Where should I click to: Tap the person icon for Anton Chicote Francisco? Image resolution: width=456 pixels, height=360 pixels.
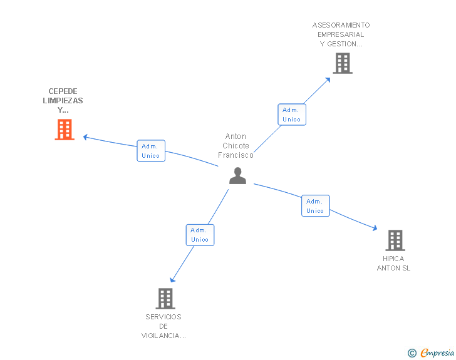[237, 176]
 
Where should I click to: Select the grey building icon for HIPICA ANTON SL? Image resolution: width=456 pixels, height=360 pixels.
[395, 240]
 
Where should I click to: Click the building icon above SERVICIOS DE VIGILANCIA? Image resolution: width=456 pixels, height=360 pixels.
[165, 299]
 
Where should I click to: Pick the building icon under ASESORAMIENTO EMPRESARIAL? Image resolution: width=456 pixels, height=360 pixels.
[342, 63]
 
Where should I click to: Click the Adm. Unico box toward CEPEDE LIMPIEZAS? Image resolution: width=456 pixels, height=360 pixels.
[151, 151]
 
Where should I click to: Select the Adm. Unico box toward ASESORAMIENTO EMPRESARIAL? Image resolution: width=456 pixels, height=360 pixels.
[291, 115]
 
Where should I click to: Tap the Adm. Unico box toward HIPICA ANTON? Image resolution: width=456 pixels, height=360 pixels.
[315, 206]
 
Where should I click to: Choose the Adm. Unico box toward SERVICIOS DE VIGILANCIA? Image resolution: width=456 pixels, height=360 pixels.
[200, 235]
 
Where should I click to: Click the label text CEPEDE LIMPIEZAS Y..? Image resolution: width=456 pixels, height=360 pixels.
[63, 100]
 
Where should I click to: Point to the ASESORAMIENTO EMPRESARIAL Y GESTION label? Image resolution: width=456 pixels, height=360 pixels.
[341, 34]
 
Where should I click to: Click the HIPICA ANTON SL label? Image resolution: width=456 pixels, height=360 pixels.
[393, 263]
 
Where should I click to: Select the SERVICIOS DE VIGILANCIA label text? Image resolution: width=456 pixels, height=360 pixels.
[163, 326]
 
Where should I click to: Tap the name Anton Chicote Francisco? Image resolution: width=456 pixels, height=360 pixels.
[236, 146]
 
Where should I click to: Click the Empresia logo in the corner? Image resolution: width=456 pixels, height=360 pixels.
[437, 352]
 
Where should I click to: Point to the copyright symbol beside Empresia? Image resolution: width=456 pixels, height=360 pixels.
[412, 353]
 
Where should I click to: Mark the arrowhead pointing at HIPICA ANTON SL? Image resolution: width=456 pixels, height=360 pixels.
[375, 229]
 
